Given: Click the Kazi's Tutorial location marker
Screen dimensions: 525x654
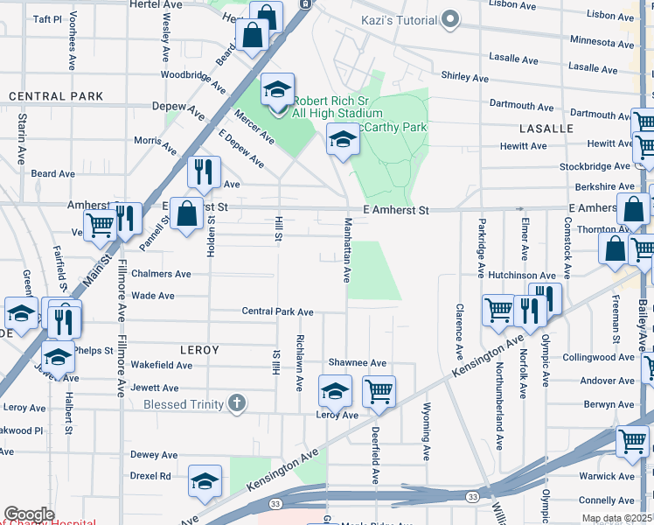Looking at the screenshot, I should pos(450,18).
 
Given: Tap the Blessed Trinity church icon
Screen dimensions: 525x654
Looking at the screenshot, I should pos(235,403).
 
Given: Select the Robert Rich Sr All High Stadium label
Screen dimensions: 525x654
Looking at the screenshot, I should pos(337,107).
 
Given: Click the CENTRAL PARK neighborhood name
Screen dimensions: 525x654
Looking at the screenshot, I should pos(56,96).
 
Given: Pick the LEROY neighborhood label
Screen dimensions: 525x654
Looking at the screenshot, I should pos(198,349).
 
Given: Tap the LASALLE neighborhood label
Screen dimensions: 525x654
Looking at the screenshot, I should pos(546,128).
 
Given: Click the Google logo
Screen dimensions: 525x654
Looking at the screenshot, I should pos(29,514).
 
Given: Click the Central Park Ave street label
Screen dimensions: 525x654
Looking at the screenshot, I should pos(277,311).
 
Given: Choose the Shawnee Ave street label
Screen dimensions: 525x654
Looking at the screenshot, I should pos(357,362).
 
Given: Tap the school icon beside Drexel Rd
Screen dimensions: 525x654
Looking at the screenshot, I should pos(205,481).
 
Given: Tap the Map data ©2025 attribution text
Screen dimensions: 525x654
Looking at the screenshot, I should pos(616,518).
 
